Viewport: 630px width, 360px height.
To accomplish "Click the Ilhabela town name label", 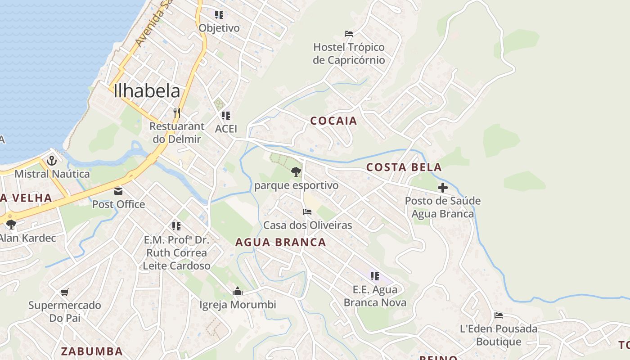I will click(147, 91).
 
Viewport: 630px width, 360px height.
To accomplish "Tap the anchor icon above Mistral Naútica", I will click(52, 161).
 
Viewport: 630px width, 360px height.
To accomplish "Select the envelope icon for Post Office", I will click(118, 191).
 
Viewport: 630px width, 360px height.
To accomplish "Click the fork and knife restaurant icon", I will click(176, 112).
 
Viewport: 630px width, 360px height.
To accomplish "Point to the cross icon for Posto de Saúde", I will click(443, 188).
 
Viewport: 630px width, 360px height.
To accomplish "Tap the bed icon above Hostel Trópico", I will click(349, 33).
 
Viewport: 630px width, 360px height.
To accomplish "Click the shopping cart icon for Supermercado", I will click(64, 292).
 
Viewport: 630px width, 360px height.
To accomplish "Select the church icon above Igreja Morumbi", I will click(238, 292).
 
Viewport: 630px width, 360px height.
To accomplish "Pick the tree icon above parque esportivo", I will click(296, 171).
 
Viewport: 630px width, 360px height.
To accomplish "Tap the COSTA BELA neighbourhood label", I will click(404, 167).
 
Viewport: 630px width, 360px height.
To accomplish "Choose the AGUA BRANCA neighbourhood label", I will click(281, 242).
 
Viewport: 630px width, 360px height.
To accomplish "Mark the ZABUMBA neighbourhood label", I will click(92, 351).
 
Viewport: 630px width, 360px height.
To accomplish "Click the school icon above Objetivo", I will click(219, 15).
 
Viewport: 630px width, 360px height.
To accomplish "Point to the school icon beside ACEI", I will click(226, 116).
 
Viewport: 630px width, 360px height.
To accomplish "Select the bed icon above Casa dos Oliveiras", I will click(307, 212).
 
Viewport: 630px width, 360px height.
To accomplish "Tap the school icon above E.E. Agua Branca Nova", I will click(375, 276).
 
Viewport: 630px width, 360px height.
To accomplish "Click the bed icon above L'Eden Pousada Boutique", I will click(498, 315).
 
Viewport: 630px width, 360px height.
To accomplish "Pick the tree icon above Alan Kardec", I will click(11, 224).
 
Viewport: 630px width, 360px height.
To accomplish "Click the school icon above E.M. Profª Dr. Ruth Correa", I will click(176, 226).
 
